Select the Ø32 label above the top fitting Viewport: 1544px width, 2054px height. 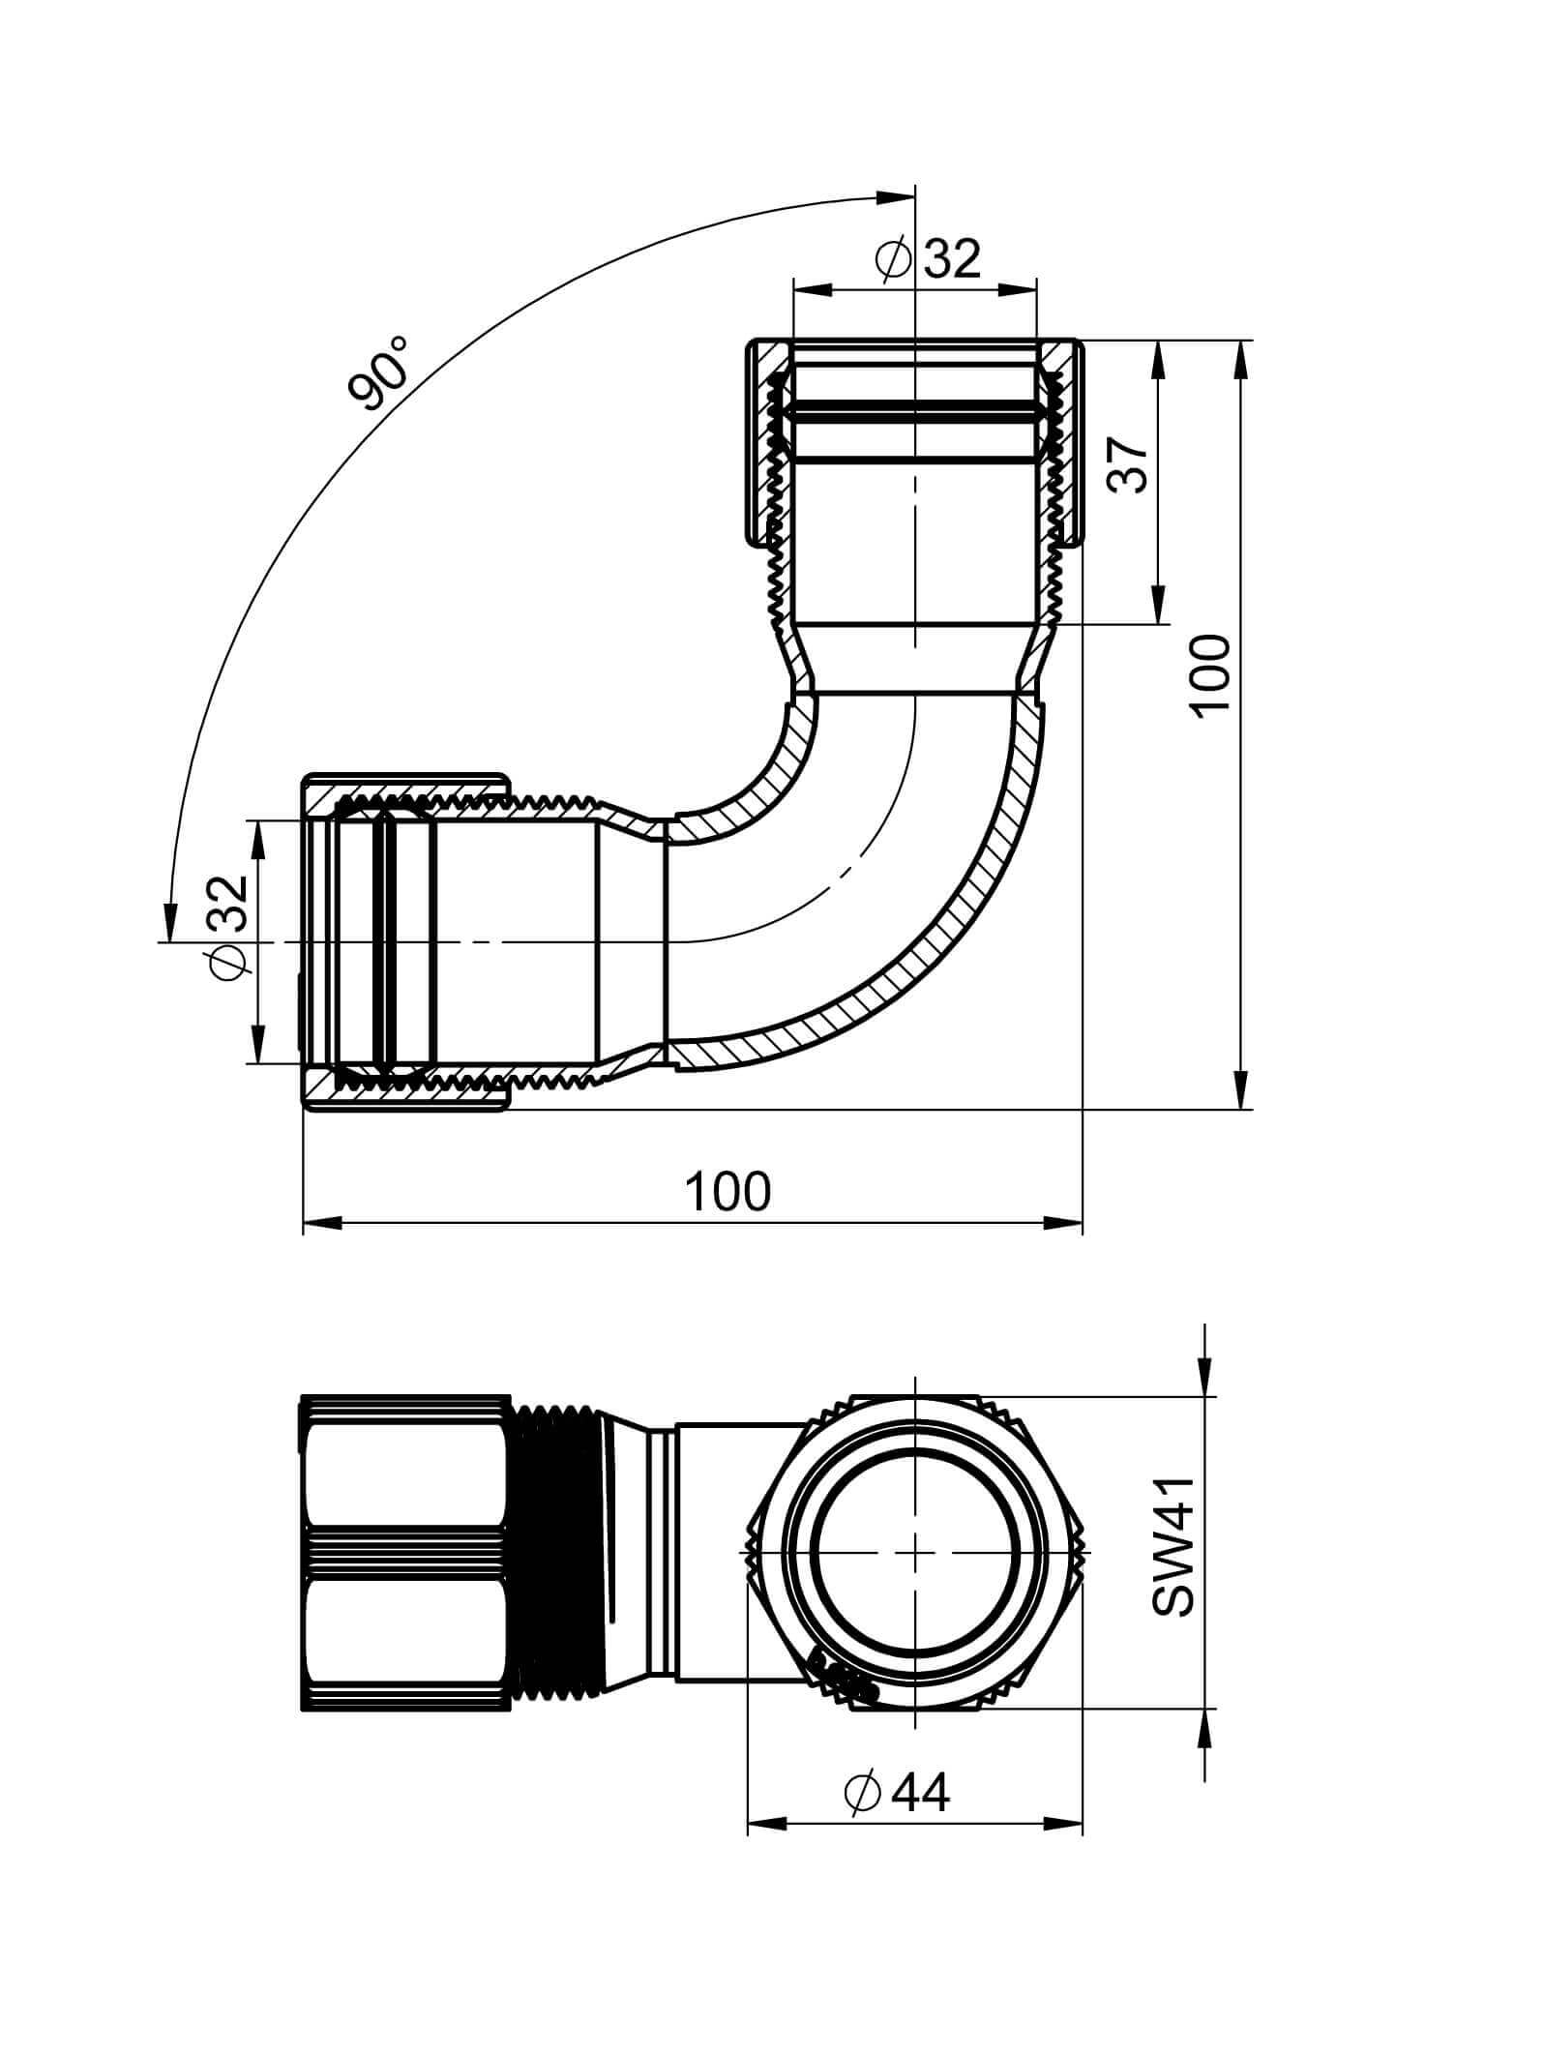point(927,258)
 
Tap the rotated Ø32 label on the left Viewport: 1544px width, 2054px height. point(231,926)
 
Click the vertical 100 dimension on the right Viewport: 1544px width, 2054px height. point(1210,674)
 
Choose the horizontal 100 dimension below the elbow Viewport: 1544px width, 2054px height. point(728,1191)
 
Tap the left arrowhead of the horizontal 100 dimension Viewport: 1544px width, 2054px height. point(322,1223)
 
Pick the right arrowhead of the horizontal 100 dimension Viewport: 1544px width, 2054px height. point(1063,1223)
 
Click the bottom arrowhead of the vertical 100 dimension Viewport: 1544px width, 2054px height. point(1242,1089)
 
